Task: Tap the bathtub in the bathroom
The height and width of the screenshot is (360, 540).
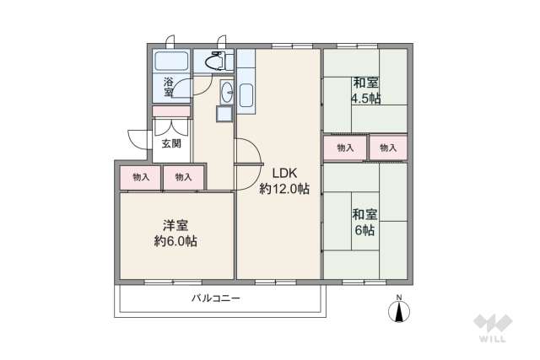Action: [171, 62]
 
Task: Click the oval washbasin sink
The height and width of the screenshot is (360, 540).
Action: [227, 91]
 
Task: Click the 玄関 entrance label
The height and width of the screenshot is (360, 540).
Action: [170, 144]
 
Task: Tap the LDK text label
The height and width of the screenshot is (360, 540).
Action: [283, 173]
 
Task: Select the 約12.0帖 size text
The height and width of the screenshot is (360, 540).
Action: [283, 189]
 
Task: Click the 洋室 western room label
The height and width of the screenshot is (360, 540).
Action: [175, 225]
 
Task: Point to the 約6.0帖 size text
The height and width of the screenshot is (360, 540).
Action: [175, 241]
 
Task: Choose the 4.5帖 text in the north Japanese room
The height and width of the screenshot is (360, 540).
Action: [365, 98]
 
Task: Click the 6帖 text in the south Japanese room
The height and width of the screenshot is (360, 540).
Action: [364, 230]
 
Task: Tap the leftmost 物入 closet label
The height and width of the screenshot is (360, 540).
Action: [140, 177]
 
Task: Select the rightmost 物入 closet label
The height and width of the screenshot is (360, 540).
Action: [388, 148]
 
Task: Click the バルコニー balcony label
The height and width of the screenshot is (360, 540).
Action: [216, 298]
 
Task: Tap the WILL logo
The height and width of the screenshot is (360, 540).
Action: [493, 329]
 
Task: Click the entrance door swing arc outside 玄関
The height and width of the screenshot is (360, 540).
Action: [135, 139]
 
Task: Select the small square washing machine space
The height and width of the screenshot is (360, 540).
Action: [224, 114]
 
